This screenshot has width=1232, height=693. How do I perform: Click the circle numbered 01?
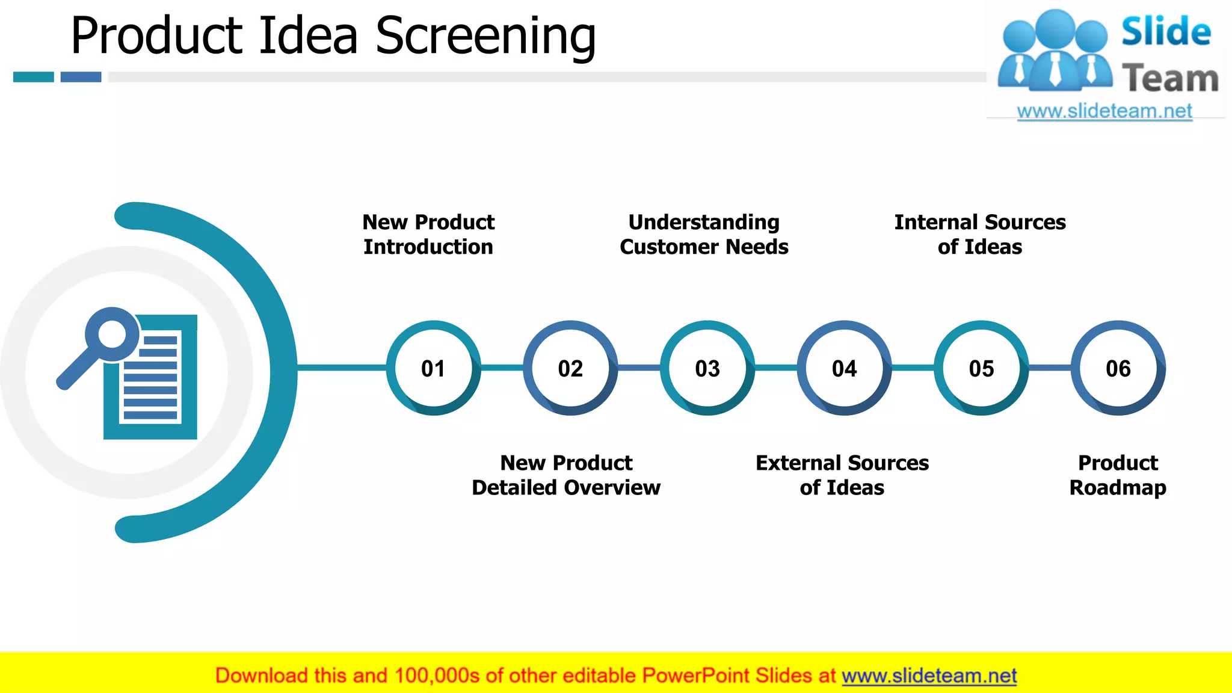coord(433,368)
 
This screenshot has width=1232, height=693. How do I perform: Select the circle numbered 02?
coord(570,368)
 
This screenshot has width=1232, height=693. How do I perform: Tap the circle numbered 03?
coord(707,368)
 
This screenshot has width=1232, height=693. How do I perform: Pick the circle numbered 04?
coord(844,368)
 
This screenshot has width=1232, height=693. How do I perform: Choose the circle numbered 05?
coord(981,368)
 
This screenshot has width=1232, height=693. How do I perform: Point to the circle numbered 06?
coord(1118,368)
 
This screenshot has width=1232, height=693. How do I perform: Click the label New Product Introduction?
coord(428,234)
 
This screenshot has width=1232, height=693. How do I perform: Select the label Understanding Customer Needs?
coord(704,234)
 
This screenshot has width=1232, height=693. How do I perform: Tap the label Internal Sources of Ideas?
coord(980,234)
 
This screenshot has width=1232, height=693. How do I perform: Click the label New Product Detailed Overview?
coord(566,475)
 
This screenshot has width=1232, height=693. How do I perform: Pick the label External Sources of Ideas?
coord(842,475)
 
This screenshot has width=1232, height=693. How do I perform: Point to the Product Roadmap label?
coord(1118,475)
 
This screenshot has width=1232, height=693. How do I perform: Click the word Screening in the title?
coord(485,36)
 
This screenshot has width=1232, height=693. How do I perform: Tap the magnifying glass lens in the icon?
coord(112,333)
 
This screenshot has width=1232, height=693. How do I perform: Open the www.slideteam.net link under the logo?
coord(1104,111)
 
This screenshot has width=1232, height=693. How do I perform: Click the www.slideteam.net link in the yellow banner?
coord(929,676)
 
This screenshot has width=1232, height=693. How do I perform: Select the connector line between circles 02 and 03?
coord(639,367)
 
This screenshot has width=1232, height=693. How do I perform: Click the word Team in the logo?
coord(1170,79)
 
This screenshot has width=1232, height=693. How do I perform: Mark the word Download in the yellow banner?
coord(261,676)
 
